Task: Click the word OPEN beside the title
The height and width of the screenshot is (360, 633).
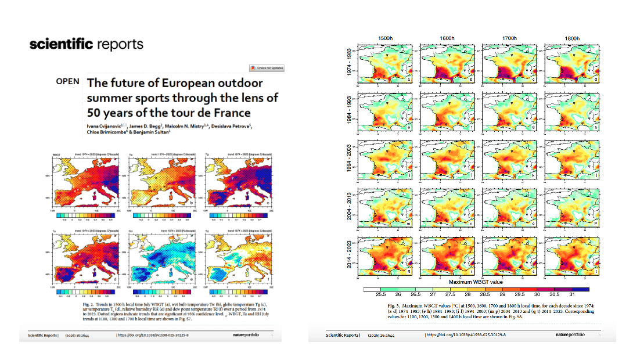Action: (x=68, y=81)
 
